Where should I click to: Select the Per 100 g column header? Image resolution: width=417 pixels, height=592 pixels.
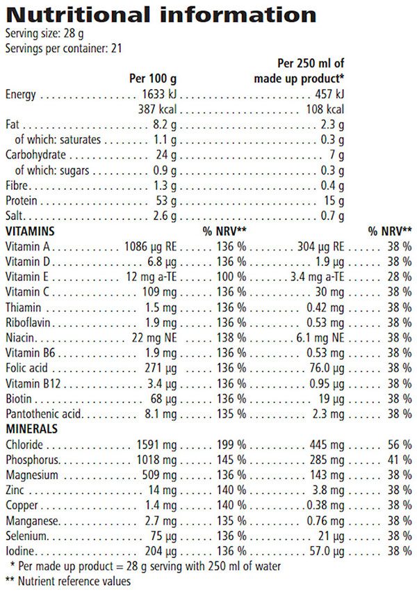click(154, 78)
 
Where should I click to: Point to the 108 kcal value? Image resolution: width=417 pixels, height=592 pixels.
click(325, 109)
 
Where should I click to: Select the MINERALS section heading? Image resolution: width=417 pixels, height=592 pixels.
click(31, 429)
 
